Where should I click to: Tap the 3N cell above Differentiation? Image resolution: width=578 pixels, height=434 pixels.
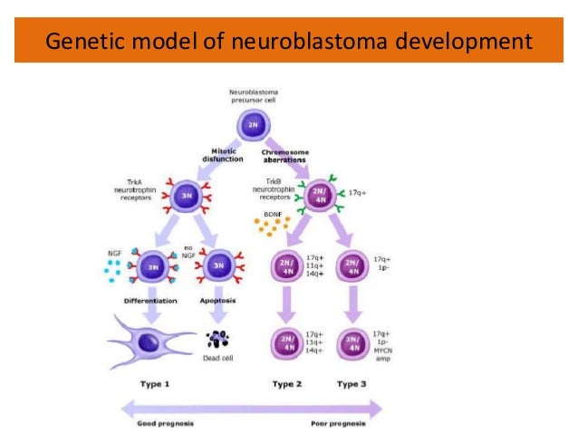pos(152,266)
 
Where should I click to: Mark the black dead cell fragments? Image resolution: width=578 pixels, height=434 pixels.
pos(218,340)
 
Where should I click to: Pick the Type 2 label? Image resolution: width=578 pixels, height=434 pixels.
pos(288,384)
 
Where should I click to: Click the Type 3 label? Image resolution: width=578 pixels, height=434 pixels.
pos(352,384)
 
